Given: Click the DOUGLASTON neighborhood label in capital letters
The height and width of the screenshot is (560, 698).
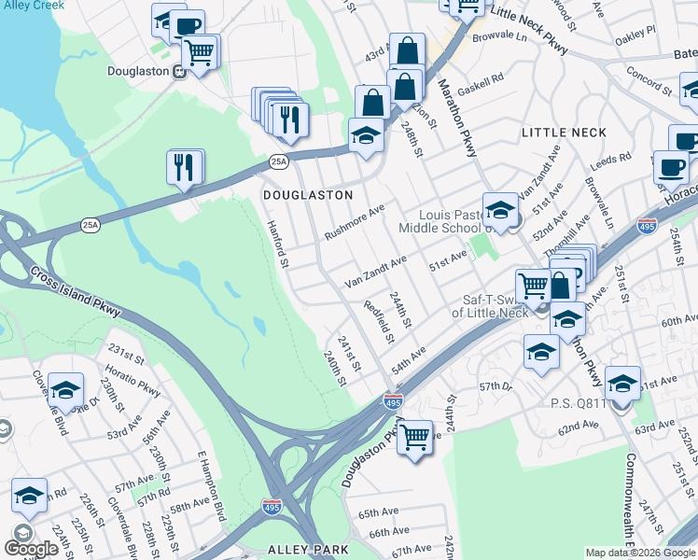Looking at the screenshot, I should tap(307, 195).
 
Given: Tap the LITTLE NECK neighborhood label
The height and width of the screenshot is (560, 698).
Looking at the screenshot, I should tap(564, 133).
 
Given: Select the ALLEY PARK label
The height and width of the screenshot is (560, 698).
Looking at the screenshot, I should tap(295, 550).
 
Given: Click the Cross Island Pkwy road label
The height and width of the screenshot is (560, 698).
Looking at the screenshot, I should tap(76, 292).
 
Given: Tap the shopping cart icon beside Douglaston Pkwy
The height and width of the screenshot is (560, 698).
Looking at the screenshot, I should tap(414, 436).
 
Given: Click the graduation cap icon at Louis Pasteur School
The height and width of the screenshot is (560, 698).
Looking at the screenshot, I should tap(500, 210).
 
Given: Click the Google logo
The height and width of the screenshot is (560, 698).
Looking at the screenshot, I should tap(32, 548).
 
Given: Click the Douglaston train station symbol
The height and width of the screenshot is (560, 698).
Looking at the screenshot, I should tap(177, 70).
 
